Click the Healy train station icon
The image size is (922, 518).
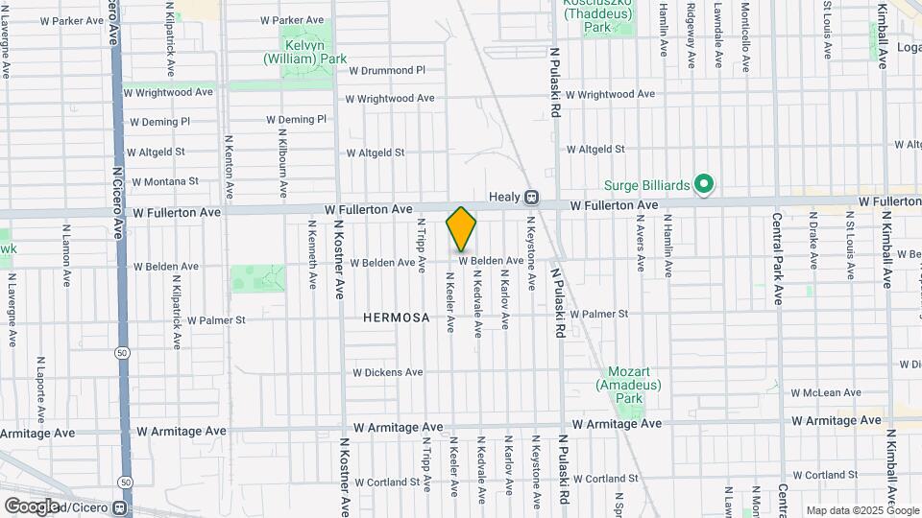[x=530, y=197]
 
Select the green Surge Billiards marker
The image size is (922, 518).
[x=703, y=184]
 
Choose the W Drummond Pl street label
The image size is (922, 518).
[x=387, y=70]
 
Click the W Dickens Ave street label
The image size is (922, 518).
[x=387, y=372]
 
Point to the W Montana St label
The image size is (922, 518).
[x=165, y=180]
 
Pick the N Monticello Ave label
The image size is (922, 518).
[x=746, y=35]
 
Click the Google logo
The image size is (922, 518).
[x=31, y=506]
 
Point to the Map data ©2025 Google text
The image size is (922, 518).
[x=861, y=510]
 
